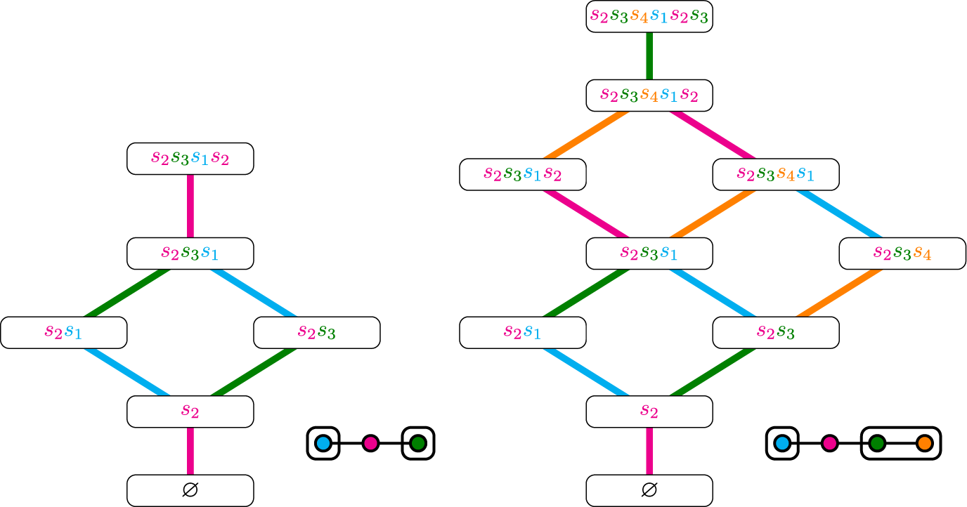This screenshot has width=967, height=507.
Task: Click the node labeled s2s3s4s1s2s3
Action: tap(649, 16)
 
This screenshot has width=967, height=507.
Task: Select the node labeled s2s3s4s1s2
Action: tap(649, 95)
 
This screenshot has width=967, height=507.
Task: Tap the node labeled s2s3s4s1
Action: tap(775, 174)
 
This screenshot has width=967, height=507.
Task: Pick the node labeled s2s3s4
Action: tap(902, 253)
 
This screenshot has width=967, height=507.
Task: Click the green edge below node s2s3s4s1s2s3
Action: tap(649, 55)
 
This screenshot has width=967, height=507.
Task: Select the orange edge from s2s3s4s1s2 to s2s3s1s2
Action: tap(585, 134)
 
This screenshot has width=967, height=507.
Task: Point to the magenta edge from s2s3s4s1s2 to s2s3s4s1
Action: tap(712, 134)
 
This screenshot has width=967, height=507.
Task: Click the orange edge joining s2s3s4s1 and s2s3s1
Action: tap(712, 213)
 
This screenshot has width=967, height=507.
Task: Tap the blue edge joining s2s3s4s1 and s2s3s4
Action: tap(838, 213)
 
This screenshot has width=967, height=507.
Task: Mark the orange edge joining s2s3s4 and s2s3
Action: tap(838, 292)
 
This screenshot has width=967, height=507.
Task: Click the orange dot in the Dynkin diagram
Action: tap(924, 443)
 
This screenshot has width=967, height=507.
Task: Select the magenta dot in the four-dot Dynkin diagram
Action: tap(829, 443)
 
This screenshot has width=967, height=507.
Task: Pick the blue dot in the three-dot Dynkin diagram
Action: tap(323, 443)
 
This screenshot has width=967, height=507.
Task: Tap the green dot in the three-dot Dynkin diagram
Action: tap(418, 443)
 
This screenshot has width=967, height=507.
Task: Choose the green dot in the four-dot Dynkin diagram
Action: tap(876, 443)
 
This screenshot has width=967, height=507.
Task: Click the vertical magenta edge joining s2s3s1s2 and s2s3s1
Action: tap(190, 206)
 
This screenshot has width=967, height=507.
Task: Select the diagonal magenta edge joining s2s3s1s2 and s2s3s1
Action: tap(585, 213)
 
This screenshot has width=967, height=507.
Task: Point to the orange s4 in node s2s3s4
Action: tap(923, 253)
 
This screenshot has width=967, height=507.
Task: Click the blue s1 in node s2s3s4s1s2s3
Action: tap(658, 17)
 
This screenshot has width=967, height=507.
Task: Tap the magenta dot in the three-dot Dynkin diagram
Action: tap(370, 443)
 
